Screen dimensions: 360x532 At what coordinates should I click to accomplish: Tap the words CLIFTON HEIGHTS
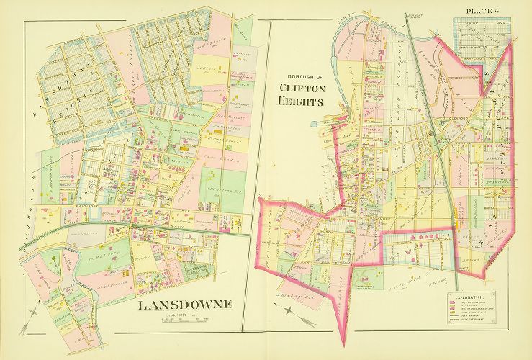click(x=300, y=94)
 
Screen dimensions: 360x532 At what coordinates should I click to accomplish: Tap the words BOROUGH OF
click(x=300, y=78)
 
